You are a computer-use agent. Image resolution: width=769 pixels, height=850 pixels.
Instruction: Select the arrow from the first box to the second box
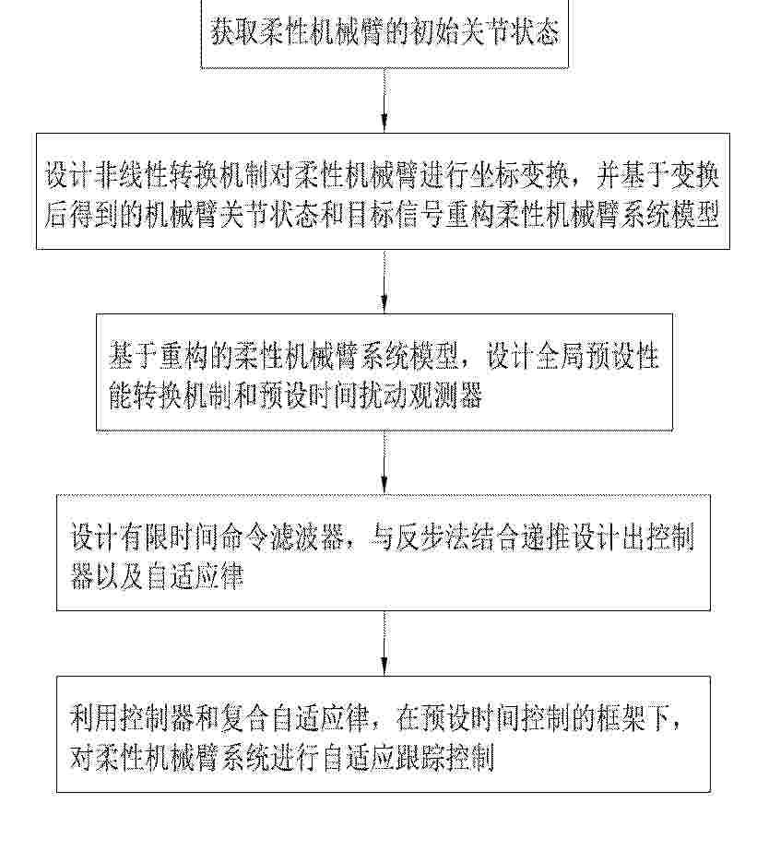click(384, 100)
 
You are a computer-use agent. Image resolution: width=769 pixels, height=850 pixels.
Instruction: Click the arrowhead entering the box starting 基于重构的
click(384, 306)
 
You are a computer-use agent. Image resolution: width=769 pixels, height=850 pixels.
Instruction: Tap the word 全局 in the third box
click(560, 356)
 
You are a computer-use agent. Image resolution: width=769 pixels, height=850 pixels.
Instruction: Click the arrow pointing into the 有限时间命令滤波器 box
click(384, 463)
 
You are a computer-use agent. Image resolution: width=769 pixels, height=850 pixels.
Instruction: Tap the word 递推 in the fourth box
click(544, 537)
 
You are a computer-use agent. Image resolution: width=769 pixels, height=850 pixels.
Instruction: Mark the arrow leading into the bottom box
click(384, 643)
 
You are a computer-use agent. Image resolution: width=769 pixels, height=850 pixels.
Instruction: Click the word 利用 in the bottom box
click(95, 718)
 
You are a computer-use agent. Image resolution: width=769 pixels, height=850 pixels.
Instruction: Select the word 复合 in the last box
click(244, 718)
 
